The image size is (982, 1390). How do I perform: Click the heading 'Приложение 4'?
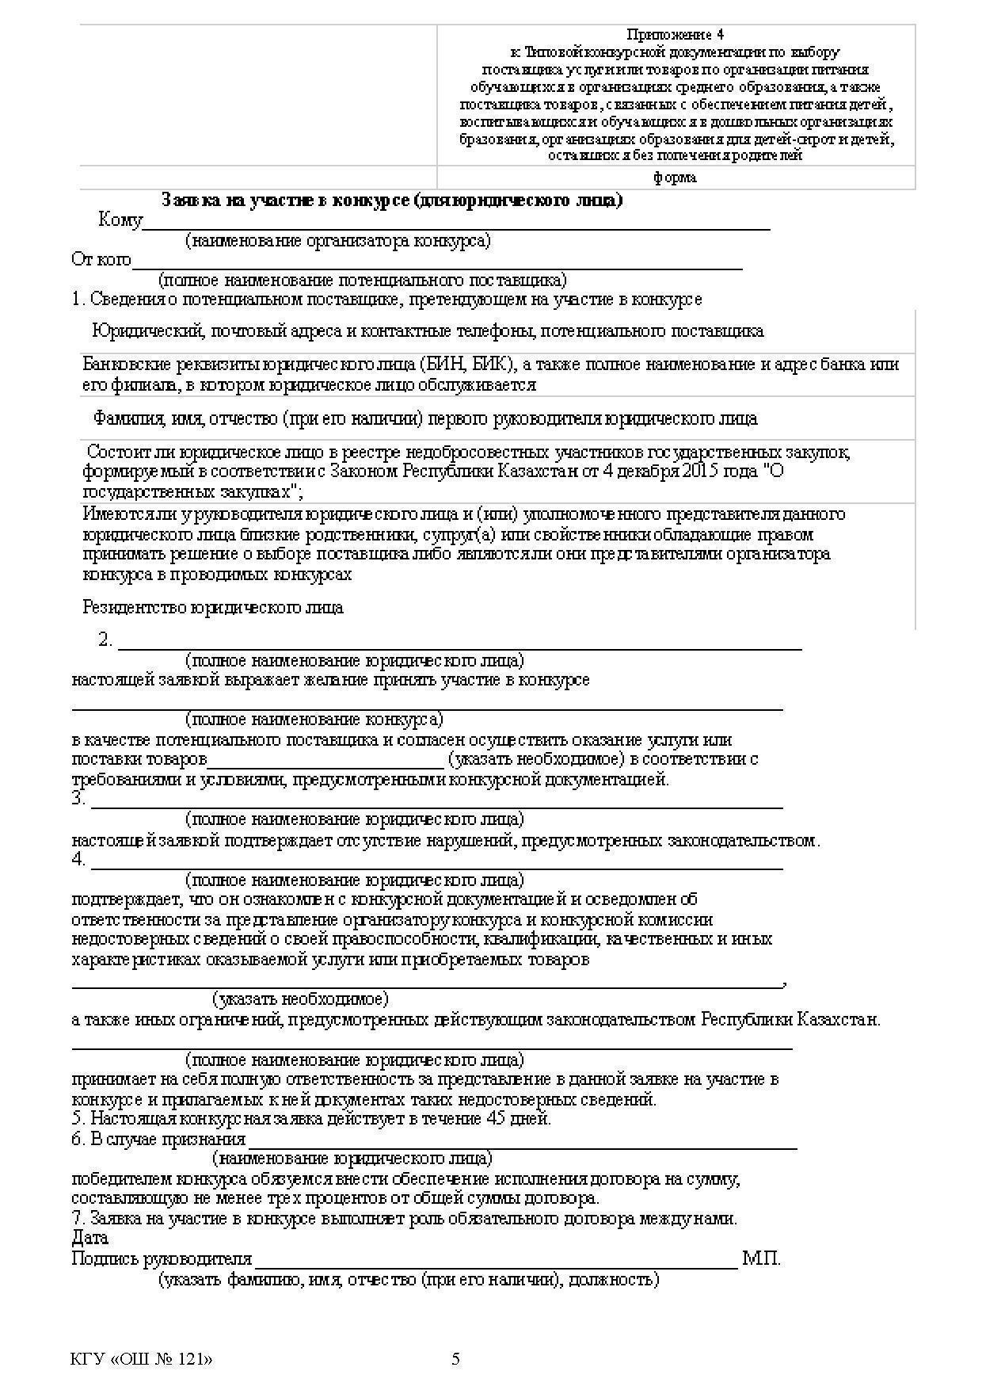coord(675,35)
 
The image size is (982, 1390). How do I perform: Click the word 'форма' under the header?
coord(675,178)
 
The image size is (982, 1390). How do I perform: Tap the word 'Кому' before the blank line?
coord(120,220)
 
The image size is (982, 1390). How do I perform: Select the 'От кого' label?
coord(101,259)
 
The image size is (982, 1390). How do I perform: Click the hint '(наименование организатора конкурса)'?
coord(338,240)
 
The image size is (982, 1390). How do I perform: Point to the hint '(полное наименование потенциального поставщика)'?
coord(362,280)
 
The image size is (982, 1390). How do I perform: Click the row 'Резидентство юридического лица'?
coord(213,608)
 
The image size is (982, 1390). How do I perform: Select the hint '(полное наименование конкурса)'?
coord(314,720)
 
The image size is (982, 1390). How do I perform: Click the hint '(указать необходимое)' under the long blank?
coord(300,999)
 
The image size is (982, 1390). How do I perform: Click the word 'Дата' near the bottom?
coord(89,1238)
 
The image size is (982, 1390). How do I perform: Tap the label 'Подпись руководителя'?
coord(162,1258)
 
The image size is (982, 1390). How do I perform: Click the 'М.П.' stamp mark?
coord(761,1258)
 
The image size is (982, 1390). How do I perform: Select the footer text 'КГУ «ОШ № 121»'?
coord(142,1360)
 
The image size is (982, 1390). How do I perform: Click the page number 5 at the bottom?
coord(455,1360)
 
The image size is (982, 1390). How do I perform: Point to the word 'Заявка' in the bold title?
coord(187,200)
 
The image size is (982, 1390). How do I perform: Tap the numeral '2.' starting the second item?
coord(106,640)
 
